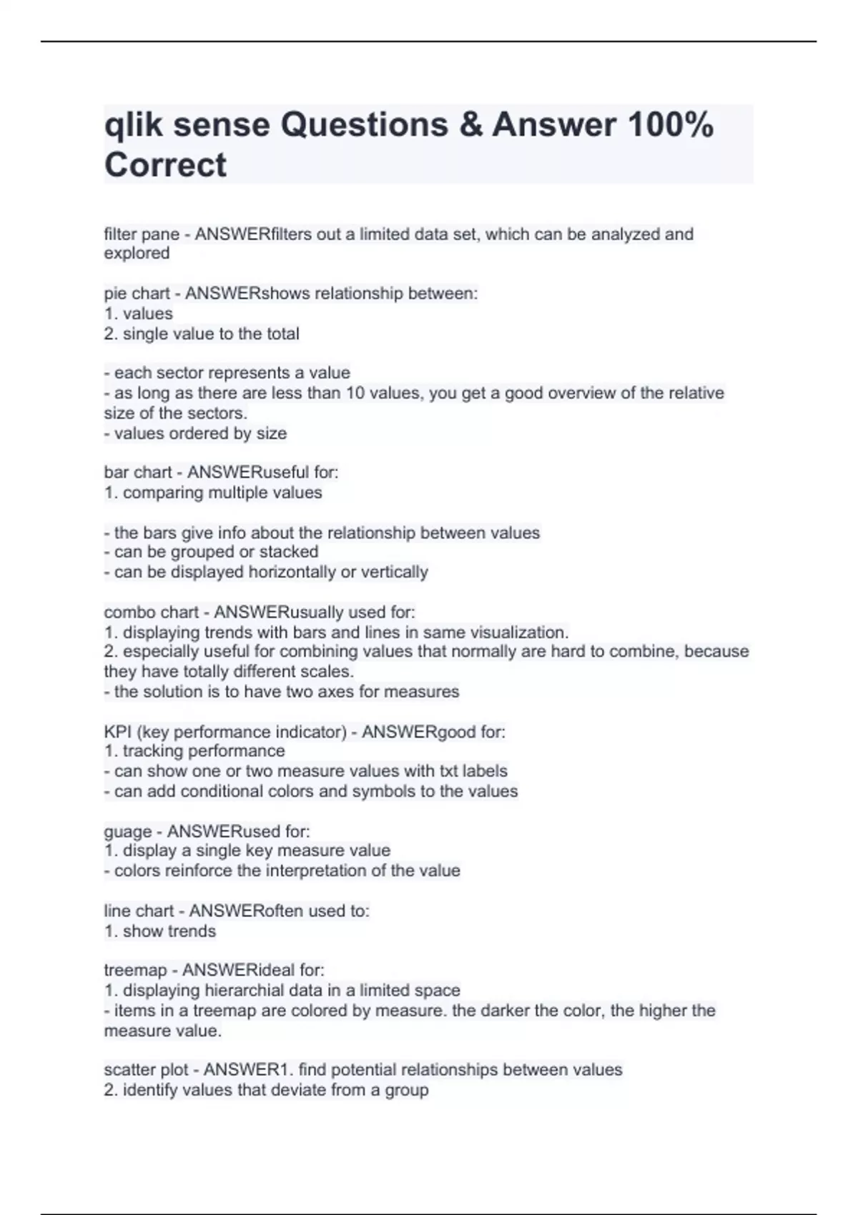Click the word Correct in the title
165,165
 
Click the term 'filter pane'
142,234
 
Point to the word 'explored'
137,253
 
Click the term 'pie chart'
137,294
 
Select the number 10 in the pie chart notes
355,393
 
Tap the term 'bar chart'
138,472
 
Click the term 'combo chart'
151,613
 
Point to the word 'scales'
330,672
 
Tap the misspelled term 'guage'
128,832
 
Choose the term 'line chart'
139,911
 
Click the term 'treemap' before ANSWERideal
135,971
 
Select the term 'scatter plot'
146,1070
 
